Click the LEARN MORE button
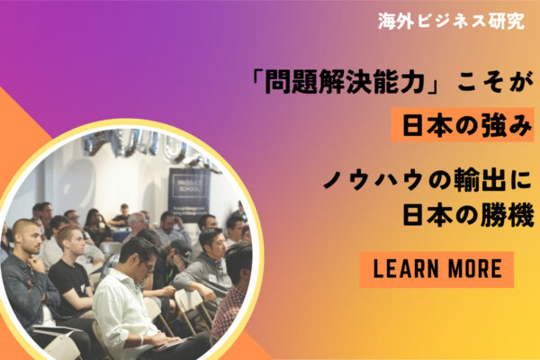click(436, 269)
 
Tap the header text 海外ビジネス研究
click(451, 22)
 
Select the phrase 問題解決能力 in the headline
click(345, 83)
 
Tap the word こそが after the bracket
click(495, 83)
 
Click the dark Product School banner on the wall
click(189, 190)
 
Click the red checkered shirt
click(228, 310)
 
